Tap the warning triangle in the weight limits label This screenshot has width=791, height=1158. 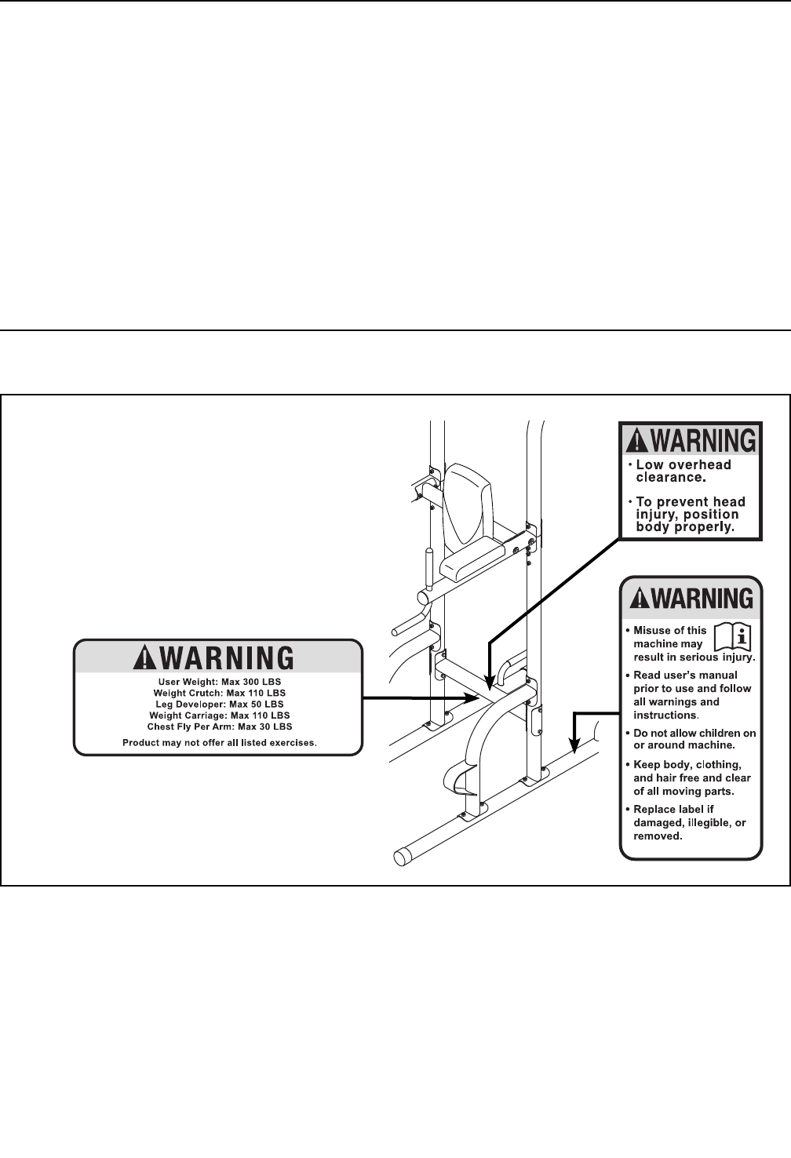144,657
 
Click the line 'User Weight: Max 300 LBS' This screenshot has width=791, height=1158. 220,682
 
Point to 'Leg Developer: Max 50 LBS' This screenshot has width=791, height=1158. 220,705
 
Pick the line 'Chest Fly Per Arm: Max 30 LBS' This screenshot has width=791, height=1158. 220,726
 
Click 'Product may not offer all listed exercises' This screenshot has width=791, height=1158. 220,742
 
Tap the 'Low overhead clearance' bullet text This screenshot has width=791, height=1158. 681,470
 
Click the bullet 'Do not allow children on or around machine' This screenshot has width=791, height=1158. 694,739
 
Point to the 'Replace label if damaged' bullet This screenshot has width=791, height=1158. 688,822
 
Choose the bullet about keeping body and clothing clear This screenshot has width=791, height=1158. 691,777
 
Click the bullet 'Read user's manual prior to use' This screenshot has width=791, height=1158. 691,694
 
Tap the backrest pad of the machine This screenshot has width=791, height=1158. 468,506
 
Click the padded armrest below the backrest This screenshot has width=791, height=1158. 473,559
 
